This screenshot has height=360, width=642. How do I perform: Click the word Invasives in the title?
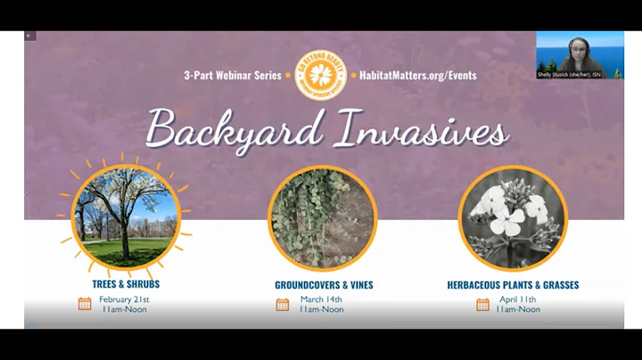[x=422, y=131]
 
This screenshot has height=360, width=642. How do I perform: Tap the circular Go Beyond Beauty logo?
[x=320, y=75]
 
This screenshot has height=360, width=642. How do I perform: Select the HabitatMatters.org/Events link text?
[x=417, y=76]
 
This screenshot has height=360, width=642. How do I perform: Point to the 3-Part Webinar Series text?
[x=232, y=76]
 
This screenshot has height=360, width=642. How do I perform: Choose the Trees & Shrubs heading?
[x=126, y=284]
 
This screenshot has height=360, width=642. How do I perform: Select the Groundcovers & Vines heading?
[x=324, y=285]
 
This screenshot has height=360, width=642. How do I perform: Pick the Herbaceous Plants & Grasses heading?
[x=513, y=285]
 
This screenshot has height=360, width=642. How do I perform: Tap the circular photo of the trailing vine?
[x=323, y=218]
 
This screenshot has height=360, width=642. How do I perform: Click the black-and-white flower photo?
[x=513, y=218]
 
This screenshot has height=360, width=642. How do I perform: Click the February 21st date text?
[x=124, y=299]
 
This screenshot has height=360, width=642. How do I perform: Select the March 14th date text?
[x=321, y=299]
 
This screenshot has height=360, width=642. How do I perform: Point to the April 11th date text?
[x=517, y=299]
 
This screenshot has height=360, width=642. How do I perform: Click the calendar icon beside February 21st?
[x=85, y=304]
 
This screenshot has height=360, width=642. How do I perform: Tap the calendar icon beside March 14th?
[x=283, y=305]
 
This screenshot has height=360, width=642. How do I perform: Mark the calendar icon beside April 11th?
[x=482, y=305]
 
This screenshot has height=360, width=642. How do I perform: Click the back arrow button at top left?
[x=29, y=36]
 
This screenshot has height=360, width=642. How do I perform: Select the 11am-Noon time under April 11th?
[x=517, y=310]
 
